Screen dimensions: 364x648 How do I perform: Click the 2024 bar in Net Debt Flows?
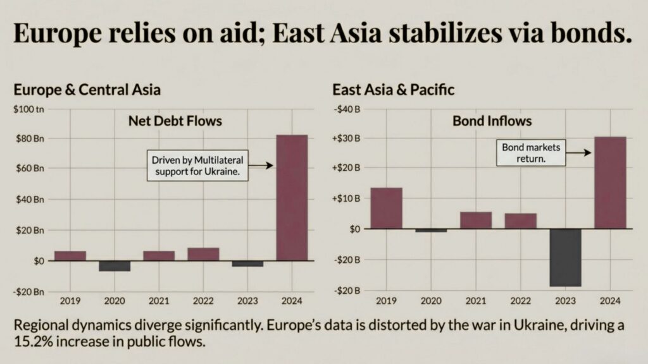point(292,197)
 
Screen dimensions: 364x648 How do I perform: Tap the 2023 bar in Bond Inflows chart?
point(565,257)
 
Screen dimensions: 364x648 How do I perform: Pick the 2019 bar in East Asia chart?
point(386,208)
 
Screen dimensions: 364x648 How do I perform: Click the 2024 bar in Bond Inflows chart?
point(610,183)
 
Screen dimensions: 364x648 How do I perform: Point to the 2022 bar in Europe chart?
point(203,254)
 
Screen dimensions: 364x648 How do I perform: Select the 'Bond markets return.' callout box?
point(531,154)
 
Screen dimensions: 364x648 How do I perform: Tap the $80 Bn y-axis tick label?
point(29,138)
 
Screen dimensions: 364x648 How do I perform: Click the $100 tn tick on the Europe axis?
point(29,109)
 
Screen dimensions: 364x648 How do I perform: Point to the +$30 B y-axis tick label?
point(347,138)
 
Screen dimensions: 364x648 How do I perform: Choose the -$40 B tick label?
point(347,109)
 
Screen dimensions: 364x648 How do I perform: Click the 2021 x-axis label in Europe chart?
point(159,300)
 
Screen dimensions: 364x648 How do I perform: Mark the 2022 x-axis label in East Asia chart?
point(520,300)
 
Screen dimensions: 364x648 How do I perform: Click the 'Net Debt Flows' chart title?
point(175,120)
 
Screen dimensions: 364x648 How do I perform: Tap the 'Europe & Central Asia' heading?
point(87,89)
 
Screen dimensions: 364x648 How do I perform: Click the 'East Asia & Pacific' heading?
point(393,89)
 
